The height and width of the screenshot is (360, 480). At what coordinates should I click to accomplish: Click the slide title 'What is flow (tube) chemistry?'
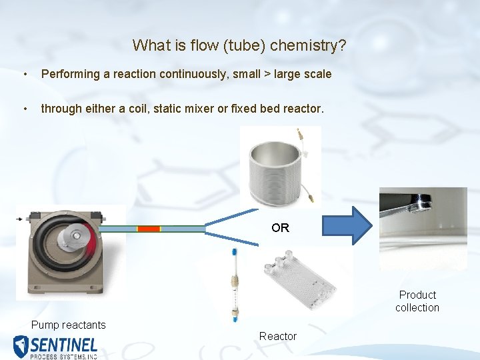239,45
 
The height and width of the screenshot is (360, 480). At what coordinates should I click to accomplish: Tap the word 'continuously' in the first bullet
193,74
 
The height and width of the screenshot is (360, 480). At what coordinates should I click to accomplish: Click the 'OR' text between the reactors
280,228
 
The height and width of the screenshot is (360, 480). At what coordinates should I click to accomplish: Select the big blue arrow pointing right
349,225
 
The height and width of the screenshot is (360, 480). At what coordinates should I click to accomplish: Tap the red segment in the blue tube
149,229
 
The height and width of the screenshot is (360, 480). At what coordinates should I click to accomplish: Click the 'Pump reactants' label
69,325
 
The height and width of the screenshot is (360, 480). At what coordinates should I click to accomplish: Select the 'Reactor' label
278,337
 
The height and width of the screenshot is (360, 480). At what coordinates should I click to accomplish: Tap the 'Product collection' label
417,301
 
